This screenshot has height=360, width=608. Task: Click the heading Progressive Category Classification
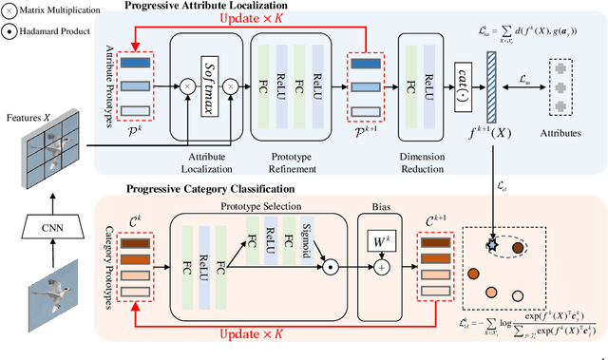pos(209,188)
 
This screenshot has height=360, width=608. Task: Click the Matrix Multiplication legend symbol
pos(10,9)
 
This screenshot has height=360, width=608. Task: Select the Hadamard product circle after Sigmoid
pos(328,268)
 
